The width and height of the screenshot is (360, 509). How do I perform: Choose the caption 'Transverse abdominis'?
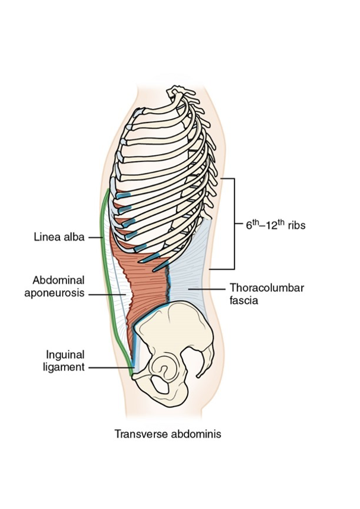pyautogui.click(x=168, y=434)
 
